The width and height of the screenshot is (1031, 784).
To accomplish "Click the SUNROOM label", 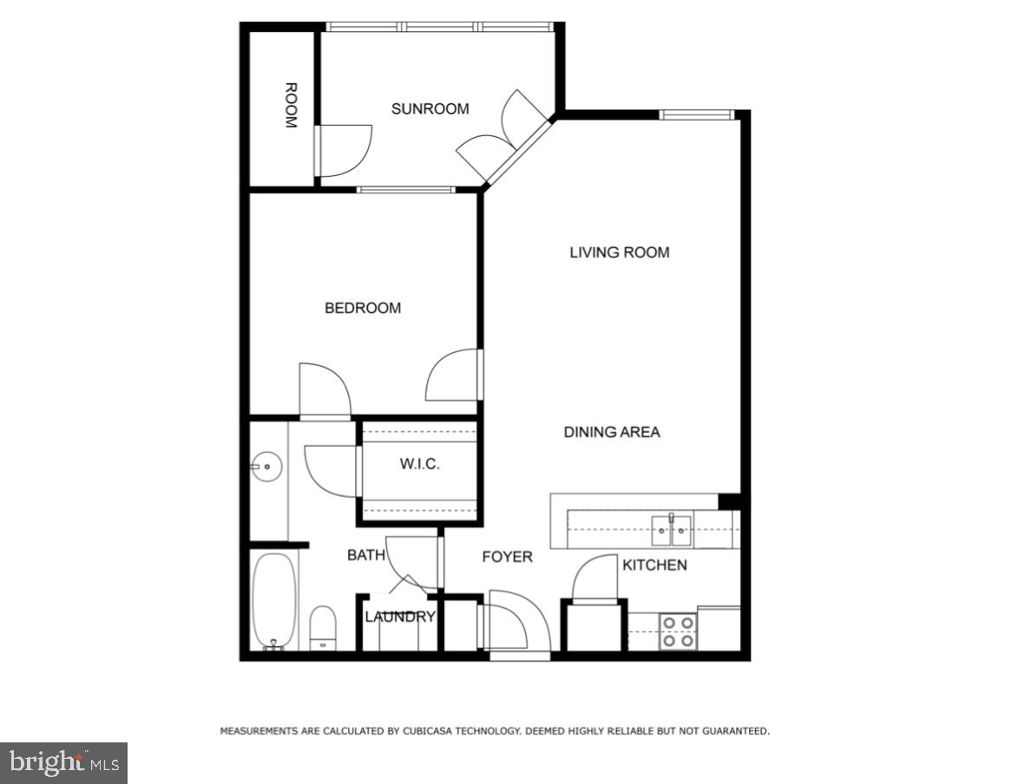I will pyautogui.click(x=430, y=109).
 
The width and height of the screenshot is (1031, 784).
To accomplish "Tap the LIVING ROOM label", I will pyautogui.click(x=619, y=252).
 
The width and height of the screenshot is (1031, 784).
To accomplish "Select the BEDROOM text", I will pyautogui.click(x=363, y=308).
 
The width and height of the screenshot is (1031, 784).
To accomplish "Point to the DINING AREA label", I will pyautogui.click(x=611, y=432).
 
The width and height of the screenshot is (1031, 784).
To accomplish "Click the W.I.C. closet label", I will pyautogui.click(x=419, y=464).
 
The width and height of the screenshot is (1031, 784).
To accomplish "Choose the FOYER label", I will pyautogui.click(x=507, y=557).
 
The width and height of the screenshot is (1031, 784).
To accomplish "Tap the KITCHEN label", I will pyautogui.click(x=654, y=565).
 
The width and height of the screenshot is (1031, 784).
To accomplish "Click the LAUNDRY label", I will pyautogui.click(x=399, y=617).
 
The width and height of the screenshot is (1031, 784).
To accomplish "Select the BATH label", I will pyautogui.click(x=365, y=555).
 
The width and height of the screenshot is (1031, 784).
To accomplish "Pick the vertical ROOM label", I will pyautogui.click(x=291, y=106).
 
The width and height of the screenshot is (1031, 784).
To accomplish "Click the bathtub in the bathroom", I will pyautogui.click(x=274, y=600).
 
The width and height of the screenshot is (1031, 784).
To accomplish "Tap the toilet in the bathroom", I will pyautogui.click(x=323, y=627).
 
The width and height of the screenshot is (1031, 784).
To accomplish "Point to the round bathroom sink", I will pyautogui.click(x=266, y=467).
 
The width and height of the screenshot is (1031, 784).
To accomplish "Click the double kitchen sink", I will pyautogui.click(x=672, y=529).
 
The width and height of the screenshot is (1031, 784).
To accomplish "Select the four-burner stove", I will pyautogui.click(x=678, y=631).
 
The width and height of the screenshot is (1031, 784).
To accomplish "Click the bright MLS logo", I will pyautogui.click(x=63, y=762).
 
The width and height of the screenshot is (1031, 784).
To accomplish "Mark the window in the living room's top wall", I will pyautogui.click(x=696, y=114).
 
